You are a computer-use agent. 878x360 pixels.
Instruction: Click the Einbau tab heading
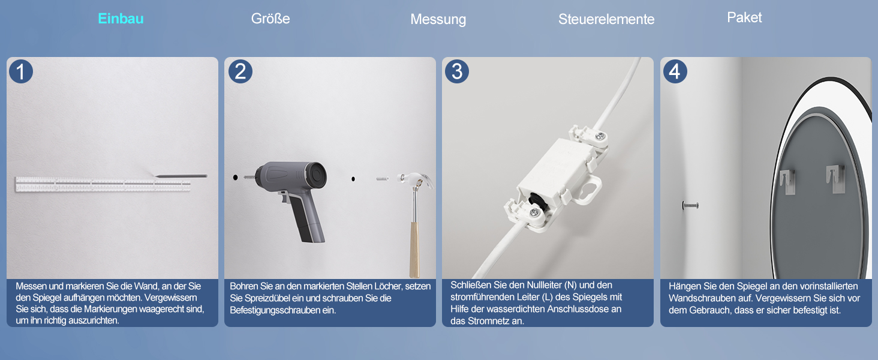tap(121, 19)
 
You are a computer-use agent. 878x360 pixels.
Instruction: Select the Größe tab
tap(270, 19)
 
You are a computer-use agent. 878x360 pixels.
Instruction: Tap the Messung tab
tap(438, 19)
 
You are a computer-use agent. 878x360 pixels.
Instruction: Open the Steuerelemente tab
tap(606, 19)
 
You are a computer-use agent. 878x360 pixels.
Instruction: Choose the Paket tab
tap(744, 17)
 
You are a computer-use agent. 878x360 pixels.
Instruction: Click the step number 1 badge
tap(21, 71)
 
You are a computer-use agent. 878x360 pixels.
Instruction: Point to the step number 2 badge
tap(240, 71)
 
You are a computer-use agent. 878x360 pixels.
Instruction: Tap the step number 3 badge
tap(457, 71)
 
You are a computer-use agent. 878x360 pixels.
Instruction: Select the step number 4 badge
tap(675, 71)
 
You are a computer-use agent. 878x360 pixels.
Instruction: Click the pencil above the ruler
tap(181, 176)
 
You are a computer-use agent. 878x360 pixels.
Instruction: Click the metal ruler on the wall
tap(103, 184)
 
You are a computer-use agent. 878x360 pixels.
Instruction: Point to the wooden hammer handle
tap(414, 250)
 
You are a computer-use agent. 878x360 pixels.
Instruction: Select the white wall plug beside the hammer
tap(382, 179)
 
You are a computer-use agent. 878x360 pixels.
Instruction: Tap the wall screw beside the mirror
tap(690, 205)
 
